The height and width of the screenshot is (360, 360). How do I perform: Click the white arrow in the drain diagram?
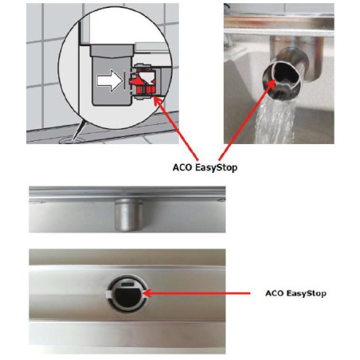[x=109, y=80]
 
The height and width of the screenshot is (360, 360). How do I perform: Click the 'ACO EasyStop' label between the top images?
[x=205, y=167]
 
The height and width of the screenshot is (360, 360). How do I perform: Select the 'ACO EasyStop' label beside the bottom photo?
[x=295, y=293]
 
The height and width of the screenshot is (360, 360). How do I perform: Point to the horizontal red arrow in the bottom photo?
[x=197, y=293]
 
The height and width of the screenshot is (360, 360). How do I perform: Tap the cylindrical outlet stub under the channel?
[x=127, y=214]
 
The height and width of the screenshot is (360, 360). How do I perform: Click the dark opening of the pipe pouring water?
[x=285, y=72]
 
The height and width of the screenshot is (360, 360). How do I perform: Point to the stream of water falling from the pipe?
[x=275, y=121]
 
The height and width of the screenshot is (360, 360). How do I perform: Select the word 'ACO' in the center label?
[x=182, y=167]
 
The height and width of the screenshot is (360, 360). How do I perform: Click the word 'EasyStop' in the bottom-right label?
[x=307, y=293]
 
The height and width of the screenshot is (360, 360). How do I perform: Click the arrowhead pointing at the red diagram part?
[x=158, y=102]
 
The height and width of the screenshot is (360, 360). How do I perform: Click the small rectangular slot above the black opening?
[x=127, y=284]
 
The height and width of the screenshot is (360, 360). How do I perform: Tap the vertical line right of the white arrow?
[x=124, y=80]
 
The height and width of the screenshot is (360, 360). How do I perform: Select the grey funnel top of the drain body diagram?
[x=112, y=51]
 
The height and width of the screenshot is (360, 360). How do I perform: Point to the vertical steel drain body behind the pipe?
[x=311, y=57]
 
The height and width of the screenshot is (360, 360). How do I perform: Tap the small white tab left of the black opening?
[x=108, y=293]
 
